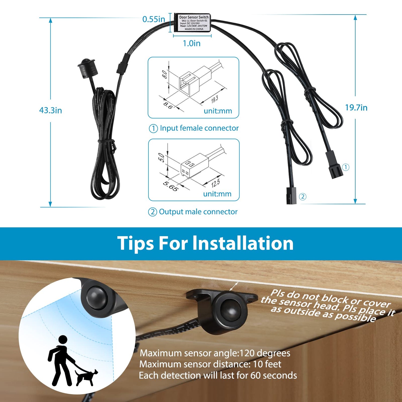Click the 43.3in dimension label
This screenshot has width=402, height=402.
tap(50, 110)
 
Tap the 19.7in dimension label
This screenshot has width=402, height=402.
tap(356, 107)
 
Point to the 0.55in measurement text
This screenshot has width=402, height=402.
tap(154, 19)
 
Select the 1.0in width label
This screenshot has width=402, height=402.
tap(191, 43)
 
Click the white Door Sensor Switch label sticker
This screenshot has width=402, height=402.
tap(194, 23)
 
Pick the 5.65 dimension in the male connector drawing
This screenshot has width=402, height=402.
tap(170, 186)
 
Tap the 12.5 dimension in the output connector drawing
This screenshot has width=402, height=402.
tap(215, 184)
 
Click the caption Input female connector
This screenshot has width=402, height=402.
tap(199, 128)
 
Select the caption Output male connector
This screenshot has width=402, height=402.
tap(198, 212)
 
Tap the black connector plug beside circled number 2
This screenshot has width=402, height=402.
tap(291, 196)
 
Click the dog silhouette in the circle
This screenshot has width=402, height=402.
tap(86, 376)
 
